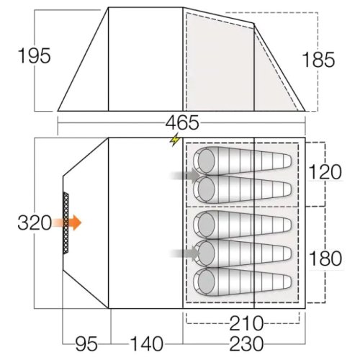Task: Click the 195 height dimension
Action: point(35,55)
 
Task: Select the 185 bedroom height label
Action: point(318,60)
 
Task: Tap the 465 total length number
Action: point(182,122)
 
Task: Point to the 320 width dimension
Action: point(35,222)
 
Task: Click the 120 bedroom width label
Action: point(325,172)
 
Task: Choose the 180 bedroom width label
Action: point(325,258)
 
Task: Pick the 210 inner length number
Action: point(246,323)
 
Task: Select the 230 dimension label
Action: point(246,343)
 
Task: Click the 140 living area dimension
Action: point(146,343)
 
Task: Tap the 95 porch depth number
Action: point(86,343)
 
